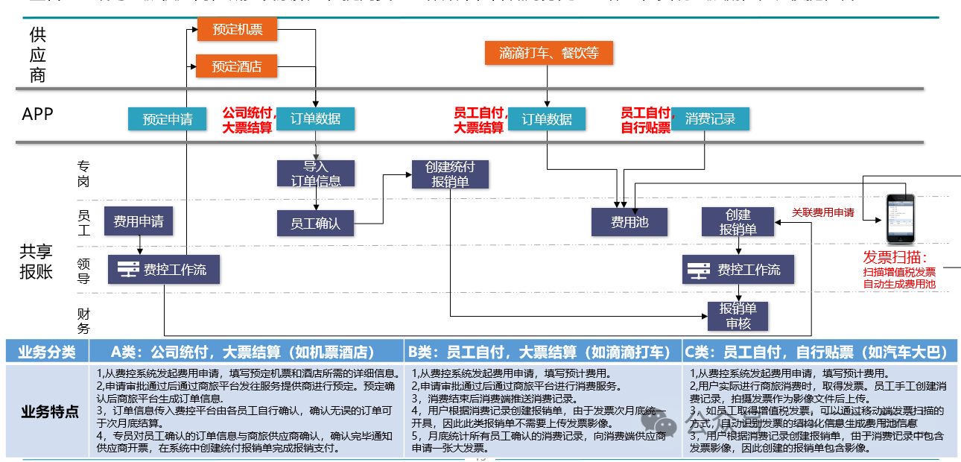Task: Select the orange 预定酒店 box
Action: pyautogui.click(x=236, y=66)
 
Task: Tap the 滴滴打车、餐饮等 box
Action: pyautogui.click(x=548, y=53)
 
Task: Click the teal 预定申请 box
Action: pyautogui.click(x=167, y=119)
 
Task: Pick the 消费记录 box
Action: pyautogui.click(x=710, y=119)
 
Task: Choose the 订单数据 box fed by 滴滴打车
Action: pyautogui.click(x=547, y=119)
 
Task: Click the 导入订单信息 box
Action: pyautogui.click(x=316, y=173)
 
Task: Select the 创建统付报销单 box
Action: pyautogui.click(x=451, y=174)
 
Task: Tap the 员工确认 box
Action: pyautogui.click(x=315, y=223)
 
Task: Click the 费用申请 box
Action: pyautogui.click(x=139, y=221)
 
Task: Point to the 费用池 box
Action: pyautogui.click(x=629, y=222)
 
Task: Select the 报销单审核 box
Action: pyautogui.click(x=738, y=316)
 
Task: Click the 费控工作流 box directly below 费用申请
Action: pyautogui.click(x=164, y=270)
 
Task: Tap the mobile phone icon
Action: pyautogui.click(x=899, y=218)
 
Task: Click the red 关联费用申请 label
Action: pyautogui.click(x=822, y=212)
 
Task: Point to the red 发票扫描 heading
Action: pyautogui.click(x=895, y=258)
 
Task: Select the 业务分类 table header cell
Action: pyautogui.click(x=47, y=352)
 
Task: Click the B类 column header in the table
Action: pyautogui.click(x=543, y=352)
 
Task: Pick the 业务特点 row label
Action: pyautogui.click(x=47, y=411)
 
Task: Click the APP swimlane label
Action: pyautogui.click(x=38, y=114)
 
